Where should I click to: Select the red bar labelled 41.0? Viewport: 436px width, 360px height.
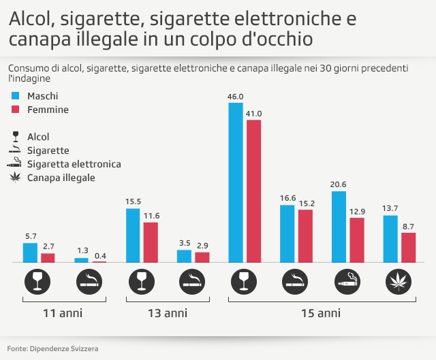253,191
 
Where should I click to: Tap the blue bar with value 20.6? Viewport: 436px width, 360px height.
339,227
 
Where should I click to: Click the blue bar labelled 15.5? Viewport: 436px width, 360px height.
134,235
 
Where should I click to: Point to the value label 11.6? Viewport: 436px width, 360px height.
151,216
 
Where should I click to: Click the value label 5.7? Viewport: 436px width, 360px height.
31,236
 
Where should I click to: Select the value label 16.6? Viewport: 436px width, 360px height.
287,198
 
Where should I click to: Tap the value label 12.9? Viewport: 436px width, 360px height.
357,211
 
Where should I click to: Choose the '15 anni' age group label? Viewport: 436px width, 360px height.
321,314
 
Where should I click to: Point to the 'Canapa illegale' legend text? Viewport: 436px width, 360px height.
61,178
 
